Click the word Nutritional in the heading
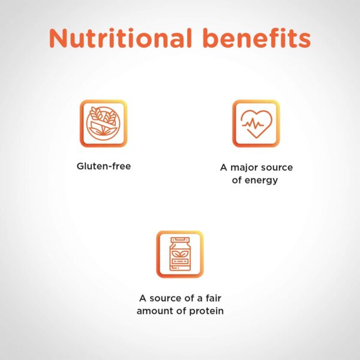121,38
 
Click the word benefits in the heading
257,38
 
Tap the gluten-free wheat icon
103,123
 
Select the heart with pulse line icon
256,123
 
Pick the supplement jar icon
180,254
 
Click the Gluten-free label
104,166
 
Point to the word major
244,167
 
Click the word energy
261,181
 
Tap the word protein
206,311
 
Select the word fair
214,298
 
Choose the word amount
155,311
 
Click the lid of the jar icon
180,240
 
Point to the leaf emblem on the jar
180,254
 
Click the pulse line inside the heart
253,124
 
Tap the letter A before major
224,167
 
